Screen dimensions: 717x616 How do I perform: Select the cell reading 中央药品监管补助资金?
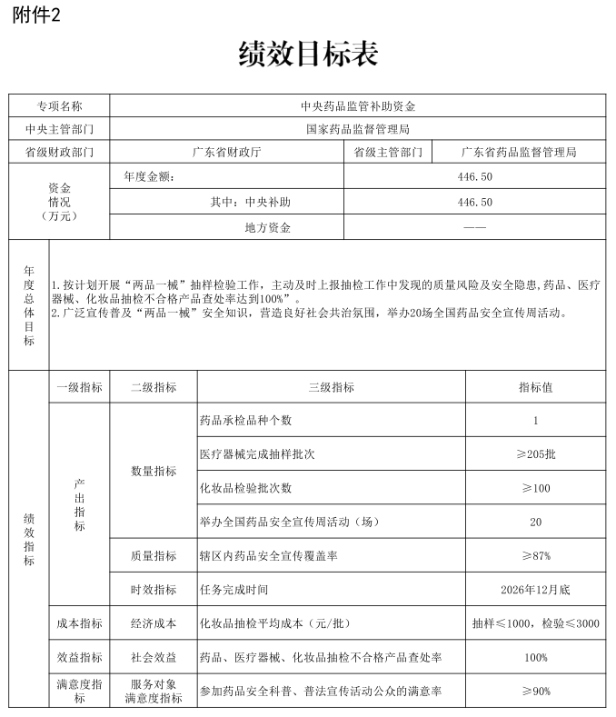click(357, 105)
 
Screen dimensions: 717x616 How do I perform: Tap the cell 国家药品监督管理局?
click(357, 129)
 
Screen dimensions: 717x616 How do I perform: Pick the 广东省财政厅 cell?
click(226, 153)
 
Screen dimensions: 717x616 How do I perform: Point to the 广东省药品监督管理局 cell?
click(518, 153)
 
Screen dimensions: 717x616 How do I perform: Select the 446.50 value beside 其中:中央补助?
click(475, 202)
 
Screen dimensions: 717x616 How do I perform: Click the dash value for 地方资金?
click(475, 227)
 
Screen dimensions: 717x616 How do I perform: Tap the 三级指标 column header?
click(331, 387)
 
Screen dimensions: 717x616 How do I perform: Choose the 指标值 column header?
click(535, 387)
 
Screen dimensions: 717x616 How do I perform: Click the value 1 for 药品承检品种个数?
click(535, 421)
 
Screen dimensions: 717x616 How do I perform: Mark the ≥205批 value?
click(535, 454)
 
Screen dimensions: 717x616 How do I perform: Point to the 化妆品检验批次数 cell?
click(245, 488)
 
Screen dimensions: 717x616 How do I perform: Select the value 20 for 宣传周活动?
click(535, 522)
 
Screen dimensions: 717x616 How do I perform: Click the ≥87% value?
click(535, 555)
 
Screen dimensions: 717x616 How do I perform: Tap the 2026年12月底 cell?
click(535, 589)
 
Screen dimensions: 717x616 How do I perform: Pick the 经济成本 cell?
click(153, 623)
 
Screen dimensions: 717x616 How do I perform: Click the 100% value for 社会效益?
click(535, 657)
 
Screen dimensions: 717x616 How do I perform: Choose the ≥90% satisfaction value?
click(535, 691)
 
